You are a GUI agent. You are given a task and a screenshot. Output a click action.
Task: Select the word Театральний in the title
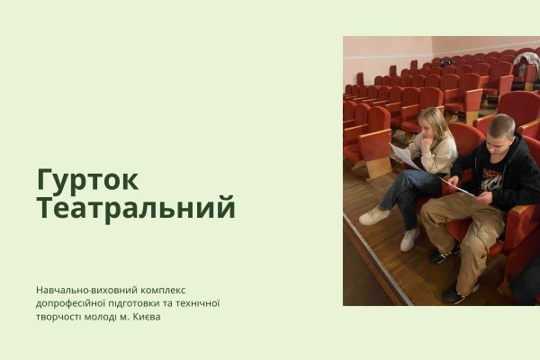(136, 209)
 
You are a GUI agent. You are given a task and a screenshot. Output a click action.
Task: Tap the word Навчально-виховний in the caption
(87, 290)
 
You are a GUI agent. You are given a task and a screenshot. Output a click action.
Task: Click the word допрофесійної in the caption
(72, 303)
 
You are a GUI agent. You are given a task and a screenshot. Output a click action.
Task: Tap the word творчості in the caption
(60, 317)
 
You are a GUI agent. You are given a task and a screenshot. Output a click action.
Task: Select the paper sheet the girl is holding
(406, 159)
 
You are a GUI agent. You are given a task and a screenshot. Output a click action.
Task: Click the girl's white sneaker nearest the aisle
(373, 216)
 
